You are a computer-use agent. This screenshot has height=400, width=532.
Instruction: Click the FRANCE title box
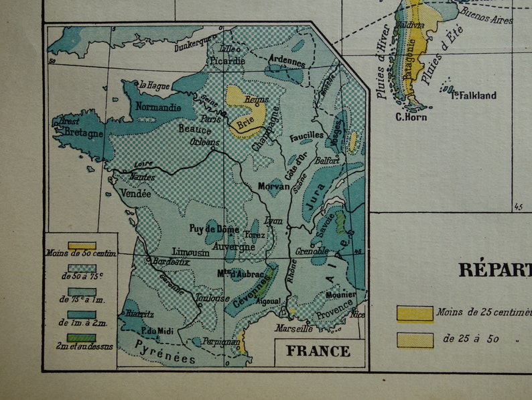coord(319,351)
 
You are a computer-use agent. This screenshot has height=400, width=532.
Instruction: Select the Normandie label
coord(158,107)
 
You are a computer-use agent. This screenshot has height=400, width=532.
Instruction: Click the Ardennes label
coord(287,60)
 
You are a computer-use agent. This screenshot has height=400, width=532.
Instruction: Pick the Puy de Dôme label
coord(214,229)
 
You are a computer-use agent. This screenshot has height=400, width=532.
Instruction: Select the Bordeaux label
coord(172,261)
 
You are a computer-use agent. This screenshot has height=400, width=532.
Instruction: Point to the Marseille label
coord(294,329)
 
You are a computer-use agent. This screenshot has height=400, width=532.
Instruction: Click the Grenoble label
coord(310,252)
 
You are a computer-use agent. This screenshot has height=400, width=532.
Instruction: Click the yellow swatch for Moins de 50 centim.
coord(81,245)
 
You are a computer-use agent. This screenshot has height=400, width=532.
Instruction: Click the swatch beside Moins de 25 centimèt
coord(415,313)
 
